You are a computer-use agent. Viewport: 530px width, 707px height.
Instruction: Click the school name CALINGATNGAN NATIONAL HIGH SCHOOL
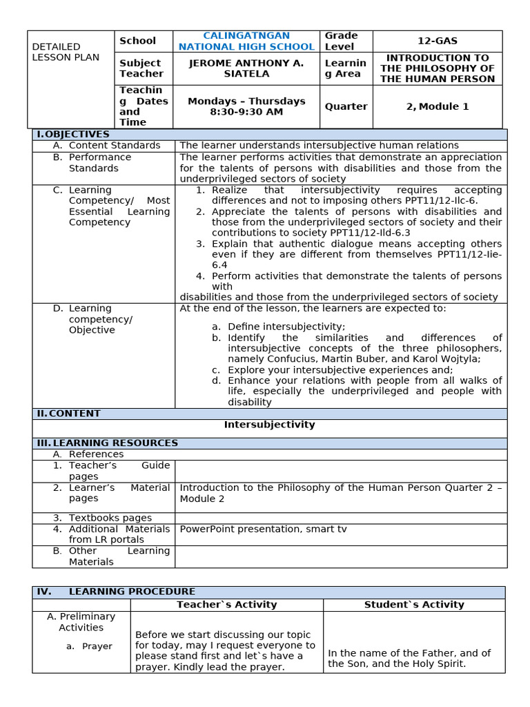pos(246,41)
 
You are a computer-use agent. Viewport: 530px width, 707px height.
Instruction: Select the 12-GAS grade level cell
pos(437,41)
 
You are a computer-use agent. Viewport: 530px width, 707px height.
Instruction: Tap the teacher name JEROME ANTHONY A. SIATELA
pos(246,68)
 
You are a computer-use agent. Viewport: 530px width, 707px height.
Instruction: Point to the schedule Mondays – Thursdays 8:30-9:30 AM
pos(246,106)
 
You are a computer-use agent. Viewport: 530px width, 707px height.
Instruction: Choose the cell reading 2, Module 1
pos(437,106)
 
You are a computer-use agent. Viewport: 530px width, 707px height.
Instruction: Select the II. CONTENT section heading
pos(68,414)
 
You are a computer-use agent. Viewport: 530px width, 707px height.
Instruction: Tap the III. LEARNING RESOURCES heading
pos(108,443)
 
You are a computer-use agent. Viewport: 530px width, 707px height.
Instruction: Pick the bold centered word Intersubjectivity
pos(269,425)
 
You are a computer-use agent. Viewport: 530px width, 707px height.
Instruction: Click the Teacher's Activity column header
pos(226,605)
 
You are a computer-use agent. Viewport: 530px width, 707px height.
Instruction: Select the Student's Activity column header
pos(414,605)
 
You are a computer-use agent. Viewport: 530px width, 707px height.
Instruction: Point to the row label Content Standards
pos(114,146)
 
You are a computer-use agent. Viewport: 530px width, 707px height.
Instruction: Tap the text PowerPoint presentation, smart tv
pos(263,529)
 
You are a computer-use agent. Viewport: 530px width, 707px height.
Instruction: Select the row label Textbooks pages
pos(110,518)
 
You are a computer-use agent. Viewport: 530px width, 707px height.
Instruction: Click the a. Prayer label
pos(97,646)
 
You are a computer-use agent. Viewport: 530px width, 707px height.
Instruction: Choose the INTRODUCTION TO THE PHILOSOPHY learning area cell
pos(437,68)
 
